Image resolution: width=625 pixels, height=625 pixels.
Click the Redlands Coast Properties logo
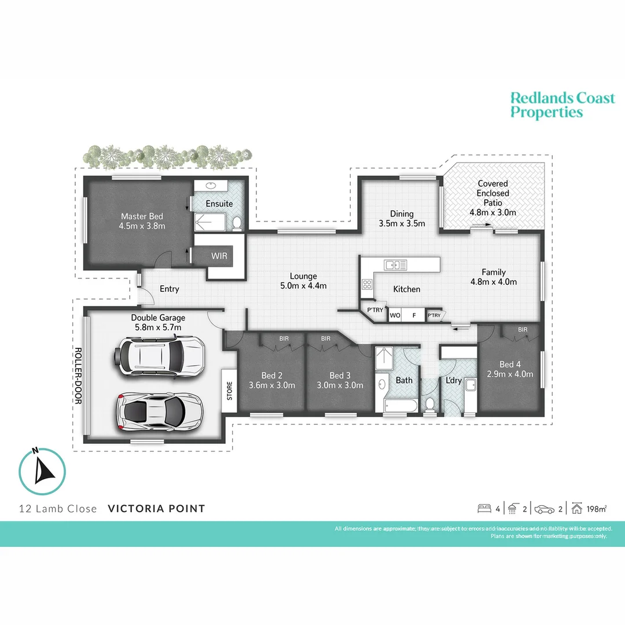coord(562,105)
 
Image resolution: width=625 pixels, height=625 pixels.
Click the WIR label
coord(219,255)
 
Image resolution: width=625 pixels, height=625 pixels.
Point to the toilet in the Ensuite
coord(236,223)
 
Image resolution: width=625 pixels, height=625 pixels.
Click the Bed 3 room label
coord(340,375)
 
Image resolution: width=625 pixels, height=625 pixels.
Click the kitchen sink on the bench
coord(396,265)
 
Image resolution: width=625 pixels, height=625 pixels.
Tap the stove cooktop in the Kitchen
coord(367,284)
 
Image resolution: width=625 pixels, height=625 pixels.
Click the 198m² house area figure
coord(597,509)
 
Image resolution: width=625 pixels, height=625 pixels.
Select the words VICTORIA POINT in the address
coord(156,509)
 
